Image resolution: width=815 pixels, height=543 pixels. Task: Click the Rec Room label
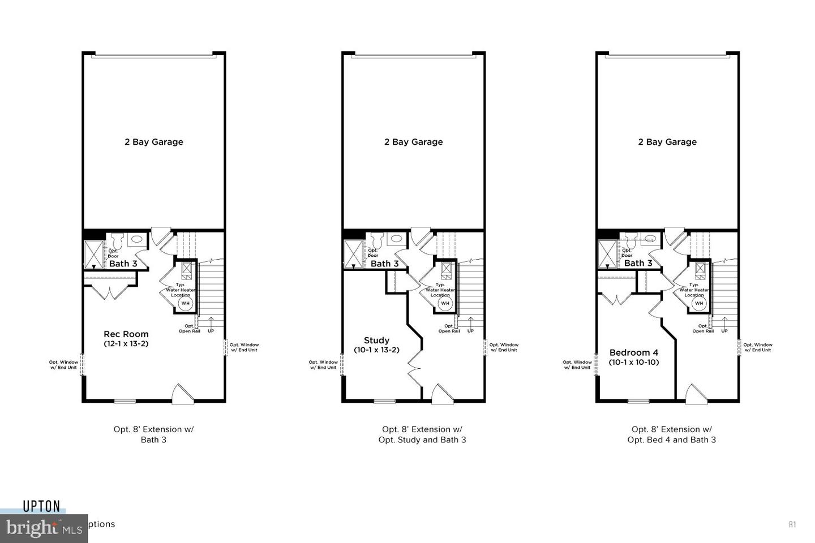pos(126,334)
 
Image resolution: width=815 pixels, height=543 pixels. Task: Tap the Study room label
pos(376,340)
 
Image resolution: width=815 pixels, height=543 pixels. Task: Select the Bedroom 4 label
pos(633,352)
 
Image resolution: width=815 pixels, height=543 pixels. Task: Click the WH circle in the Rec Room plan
pos(186,303)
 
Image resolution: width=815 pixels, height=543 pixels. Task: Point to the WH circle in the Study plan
pos(445,303)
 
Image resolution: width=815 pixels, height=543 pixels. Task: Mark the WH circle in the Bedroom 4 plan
pos(699,303)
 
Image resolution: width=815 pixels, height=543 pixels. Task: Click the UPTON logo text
pos(41,506)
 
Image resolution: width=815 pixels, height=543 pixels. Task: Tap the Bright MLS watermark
pos(43,528)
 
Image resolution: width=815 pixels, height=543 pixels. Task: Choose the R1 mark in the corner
pos(792,524)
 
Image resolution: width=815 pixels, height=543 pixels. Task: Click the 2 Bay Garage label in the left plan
pos(153,142)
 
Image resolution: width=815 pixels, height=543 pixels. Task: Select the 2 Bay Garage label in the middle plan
pos(413,142)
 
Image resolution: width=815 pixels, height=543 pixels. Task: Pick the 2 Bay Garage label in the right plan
pos(667,142)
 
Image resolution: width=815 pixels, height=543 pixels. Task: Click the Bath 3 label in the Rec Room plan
pos(123,264)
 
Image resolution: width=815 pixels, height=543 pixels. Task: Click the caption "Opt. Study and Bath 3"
pos(422,439)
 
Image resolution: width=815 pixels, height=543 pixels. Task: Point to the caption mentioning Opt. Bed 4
pos(671,439)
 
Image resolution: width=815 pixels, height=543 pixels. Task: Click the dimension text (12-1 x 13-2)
pos(126,343)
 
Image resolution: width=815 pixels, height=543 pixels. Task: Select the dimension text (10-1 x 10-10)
pos(634,362)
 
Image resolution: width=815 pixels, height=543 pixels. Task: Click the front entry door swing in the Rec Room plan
pos(181,394)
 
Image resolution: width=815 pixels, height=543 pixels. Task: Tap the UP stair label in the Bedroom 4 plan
pos(724,331)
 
